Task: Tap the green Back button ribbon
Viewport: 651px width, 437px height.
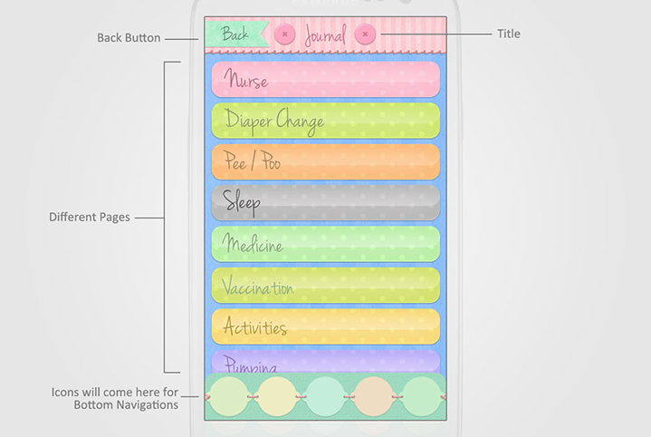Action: (x=235, y=34)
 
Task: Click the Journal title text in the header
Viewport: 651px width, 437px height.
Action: (x=325, y=36)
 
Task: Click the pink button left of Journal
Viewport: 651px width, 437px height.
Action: (x=284, y=34)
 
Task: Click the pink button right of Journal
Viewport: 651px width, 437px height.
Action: (x=365, y=34)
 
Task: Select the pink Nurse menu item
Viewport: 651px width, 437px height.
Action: (x=326, y=80)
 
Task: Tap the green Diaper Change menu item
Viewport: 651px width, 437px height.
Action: (x=326, y=121)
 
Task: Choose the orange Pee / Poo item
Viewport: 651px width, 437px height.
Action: (x=326, y=162)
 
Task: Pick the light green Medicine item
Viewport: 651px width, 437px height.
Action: (x=326, y=245)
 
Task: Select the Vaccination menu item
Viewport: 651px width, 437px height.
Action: (x=326, y=286)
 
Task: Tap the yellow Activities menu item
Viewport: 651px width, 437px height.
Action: (x=326, y=327)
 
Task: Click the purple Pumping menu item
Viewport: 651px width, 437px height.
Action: (x=326, y=363)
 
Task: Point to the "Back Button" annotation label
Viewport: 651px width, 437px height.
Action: (x=129, y=38)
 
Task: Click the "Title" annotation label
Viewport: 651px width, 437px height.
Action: (x=509, y=34)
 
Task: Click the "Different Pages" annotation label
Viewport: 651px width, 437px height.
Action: (x=90, y=218)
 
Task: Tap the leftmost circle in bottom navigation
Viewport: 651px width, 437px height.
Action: (x=227, y=396)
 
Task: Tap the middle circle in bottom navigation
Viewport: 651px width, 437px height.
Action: (x=325, y=396)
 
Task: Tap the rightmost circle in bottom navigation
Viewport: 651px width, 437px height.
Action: (x=422, y=396)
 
